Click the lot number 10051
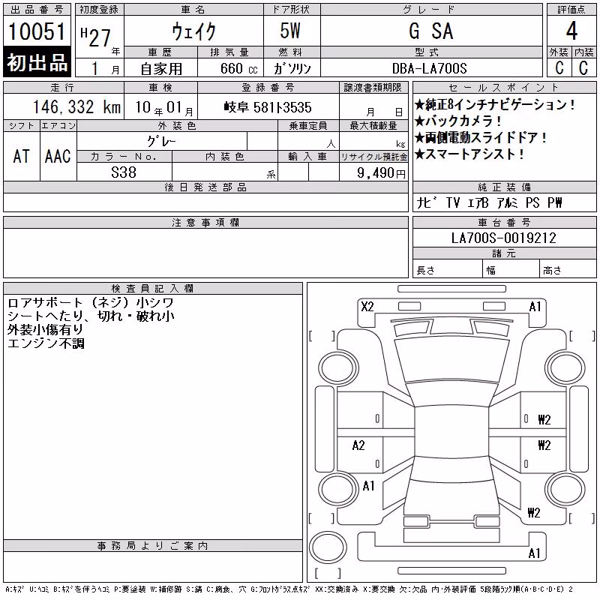pos(37,31)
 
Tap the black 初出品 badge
pos(37,61)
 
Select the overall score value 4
pos(571,31)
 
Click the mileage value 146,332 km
pos(76,106)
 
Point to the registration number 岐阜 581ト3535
pos(268,107)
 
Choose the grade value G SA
pos(430,31)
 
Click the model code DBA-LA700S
pos(429,68)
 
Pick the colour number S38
pos(124,172)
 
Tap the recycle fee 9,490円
pos(381,173)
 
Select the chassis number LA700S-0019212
pos(503,238)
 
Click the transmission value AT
pos(21,156)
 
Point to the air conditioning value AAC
pos(58,156)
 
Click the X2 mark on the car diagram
pos(367,307)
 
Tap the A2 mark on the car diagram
pos(358,445)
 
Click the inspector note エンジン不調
pos(46,343)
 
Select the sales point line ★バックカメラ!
pos(458,121)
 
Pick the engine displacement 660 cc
pos(238,68)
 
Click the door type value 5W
pos(290,31)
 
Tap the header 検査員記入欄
pos(152,288)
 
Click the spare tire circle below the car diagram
pos(328,547)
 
